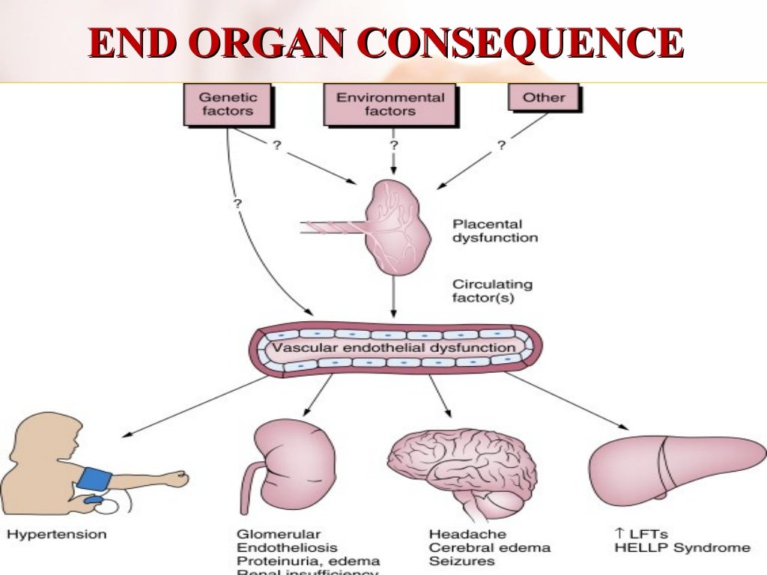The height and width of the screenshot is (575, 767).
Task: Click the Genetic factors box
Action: point(227,104)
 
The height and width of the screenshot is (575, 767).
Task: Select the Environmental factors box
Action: point(389,104)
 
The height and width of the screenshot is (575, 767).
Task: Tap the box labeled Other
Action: point(544,98)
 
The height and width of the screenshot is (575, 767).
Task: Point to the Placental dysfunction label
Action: point(495,231)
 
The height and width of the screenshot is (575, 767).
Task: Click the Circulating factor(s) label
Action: point(492,291)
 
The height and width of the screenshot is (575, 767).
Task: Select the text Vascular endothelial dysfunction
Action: point(393,348)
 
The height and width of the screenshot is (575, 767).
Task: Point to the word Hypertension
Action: point(57,535)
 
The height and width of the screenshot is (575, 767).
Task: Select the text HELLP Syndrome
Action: point(681,548)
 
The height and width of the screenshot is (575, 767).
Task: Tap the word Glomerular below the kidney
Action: point(279,535)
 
